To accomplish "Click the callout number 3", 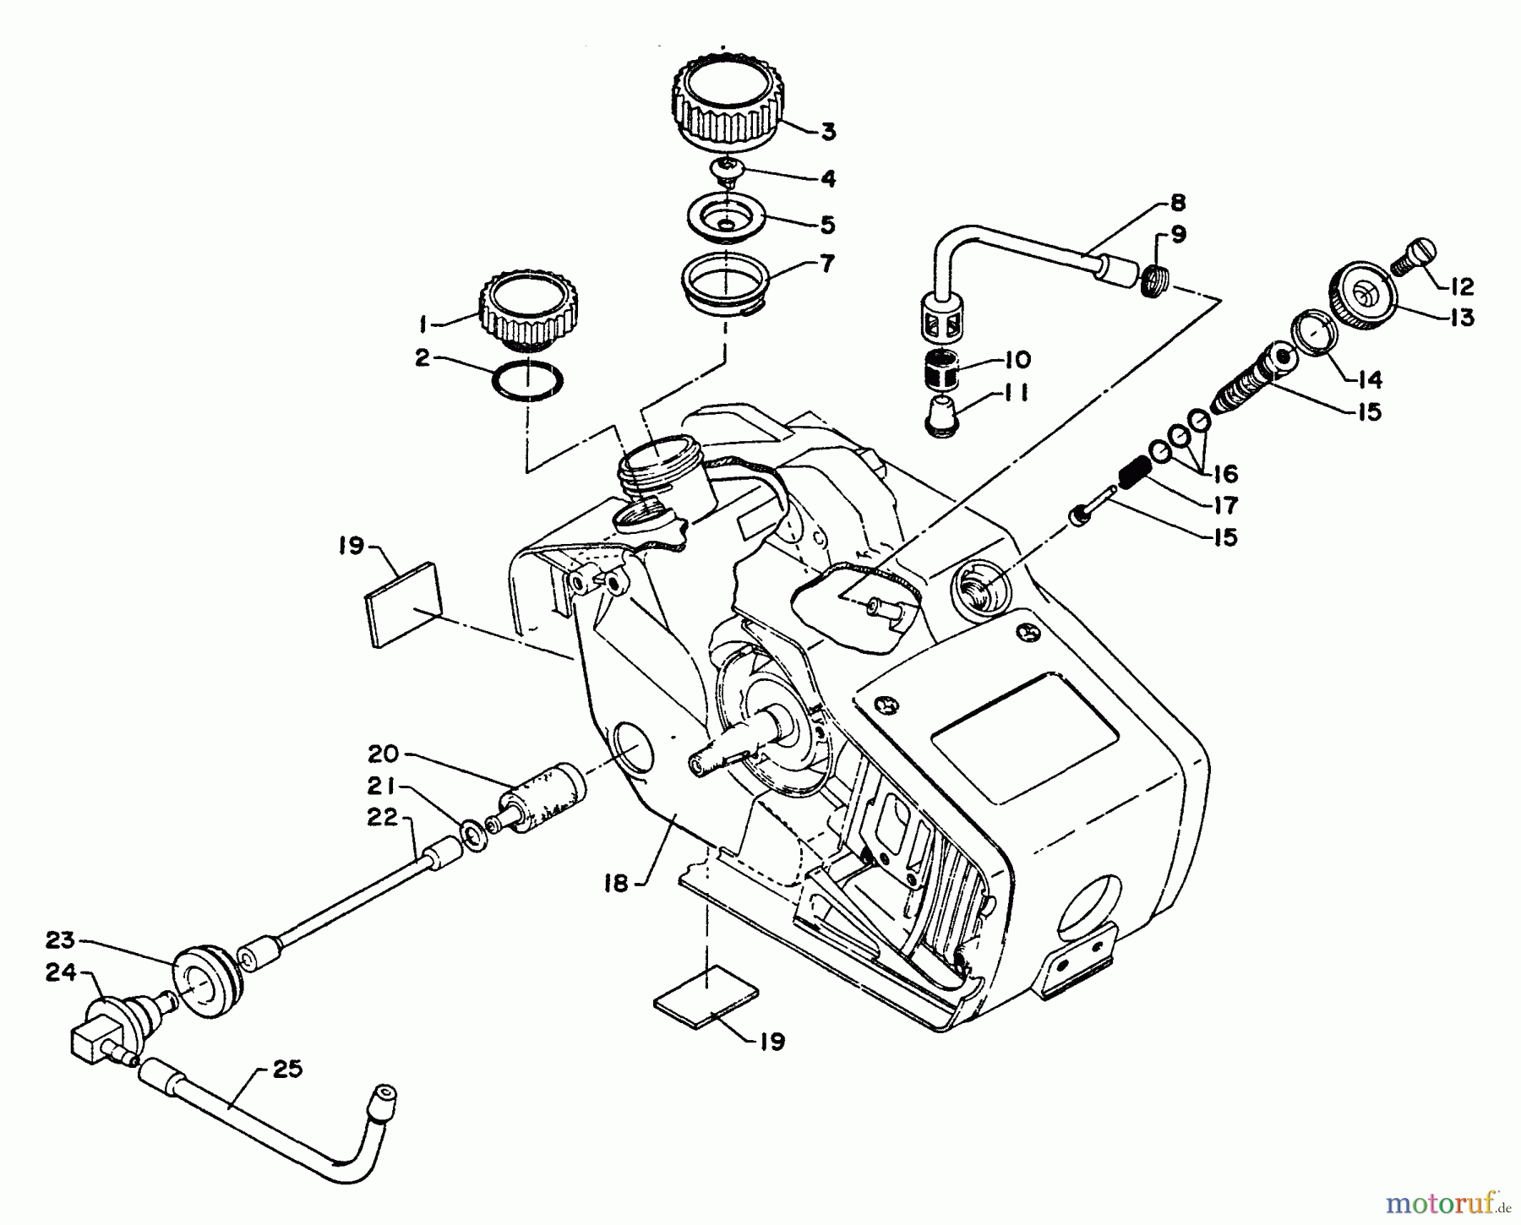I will [828, 132].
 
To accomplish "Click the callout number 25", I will [287, 1070].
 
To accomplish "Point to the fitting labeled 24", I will [110, 1026].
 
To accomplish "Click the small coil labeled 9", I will [1153, 279].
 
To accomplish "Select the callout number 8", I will [1178, 204].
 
